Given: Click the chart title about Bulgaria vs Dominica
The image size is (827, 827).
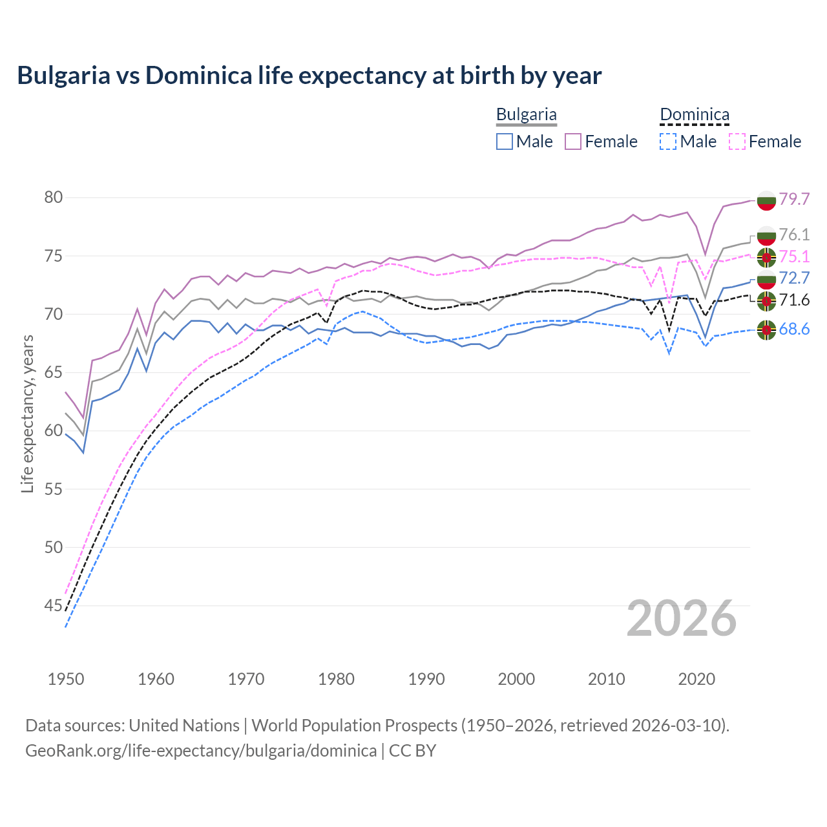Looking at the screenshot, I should (309, 76).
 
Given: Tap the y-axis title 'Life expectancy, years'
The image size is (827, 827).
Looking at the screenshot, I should (27, 413).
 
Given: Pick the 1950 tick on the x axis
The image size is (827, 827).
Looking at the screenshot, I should (66, 679).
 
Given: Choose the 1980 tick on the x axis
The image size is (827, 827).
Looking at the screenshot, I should (337, 679).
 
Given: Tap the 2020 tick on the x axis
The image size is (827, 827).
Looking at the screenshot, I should (696, 679).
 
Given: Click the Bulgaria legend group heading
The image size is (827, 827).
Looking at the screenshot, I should (526, 115).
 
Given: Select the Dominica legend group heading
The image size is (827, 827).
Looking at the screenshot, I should (694, 115).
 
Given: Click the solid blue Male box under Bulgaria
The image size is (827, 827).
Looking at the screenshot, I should (505, 141).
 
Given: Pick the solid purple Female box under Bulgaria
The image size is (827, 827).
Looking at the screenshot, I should (573, 141).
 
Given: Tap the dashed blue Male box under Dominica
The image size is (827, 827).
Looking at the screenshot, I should (669, 141).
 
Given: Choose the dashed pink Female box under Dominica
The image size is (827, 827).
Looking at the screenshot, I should (737, 141).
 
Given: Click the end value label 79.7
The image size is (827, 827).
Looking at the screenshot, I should (794, 199).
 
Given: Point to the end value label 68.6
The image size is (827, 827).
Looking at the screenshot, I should (794, 330).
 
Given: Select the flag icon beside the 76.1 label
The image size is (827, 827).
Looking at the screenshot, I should (766, 235).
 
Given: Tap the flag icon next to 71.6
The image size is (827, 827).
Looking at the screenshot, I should (766, 300).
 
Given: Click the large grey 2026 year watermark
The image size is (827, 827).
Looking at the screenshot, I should (682, 618).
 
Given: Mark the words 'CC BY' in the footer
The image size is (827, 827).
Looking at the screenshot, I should (412, 751).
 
